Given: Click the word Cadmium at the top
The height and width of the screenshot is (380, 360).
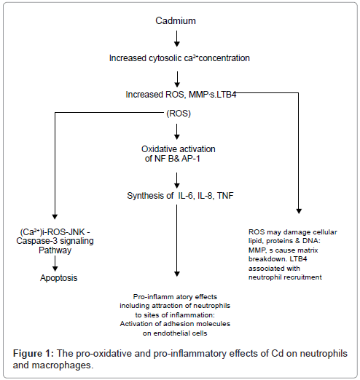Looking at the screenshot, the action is click(176, 21).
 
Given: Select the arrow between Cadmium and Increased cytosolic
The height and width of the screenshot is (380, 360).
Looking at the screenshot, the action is click(177, 39).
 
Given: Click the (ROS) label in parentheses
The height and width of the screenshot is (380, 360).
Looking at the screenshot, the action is click(179, 114).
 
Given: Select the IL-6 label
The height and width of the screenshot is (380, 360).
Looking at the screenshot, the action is click(186, 196).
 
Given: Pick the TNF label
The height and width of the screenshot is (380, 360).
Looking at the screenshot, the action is click(225, 196).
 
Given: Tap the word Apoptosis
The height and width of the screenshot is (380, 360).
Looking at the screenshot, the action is click(59, 278).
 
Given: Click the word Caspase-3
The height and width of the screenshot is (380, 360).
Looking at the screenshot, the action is click(37, 241).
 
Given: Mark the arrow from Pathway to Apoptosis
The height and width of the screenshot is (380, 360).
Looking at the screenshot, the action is click(55, 264).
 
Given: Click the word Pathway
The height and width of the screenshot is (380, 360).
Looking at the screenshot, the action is click(55, 250).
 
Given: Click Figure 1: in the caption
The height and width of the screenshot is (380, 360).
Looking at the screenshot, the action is click(34, 354).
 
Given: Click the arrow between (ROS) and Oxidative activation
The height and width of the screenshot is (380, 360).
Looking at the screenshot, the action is click(177, 132).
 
